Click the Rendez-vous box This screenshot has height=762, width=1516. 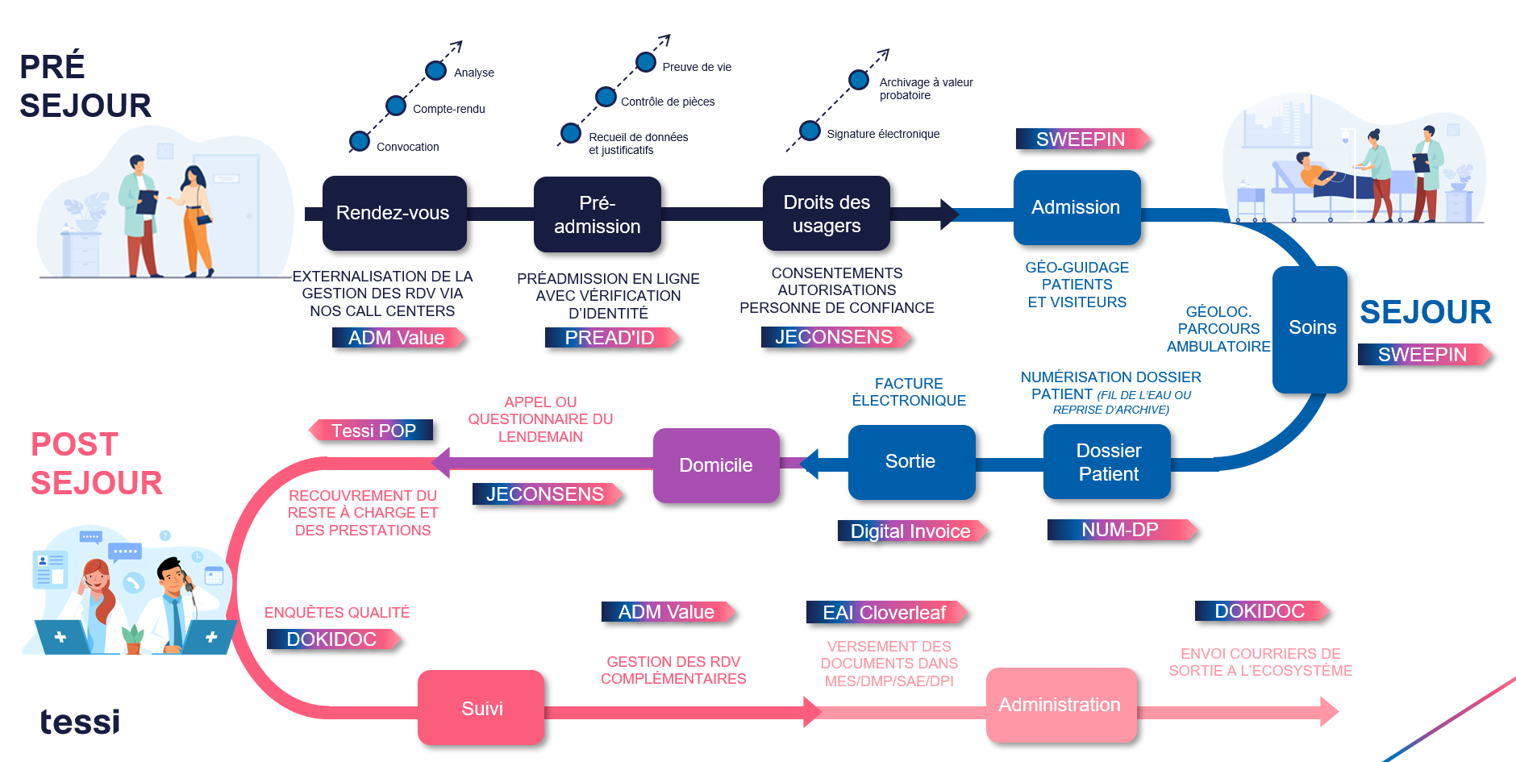tap(394, 213)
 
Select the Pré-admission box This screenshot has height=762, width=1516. tap(597, 214)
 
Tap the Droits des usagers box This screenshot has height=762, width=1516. tap(826, 214)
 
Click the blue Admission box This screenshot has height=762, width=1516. tap(1076, 207)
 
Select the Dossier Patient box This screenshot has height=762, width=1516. tap(1107, 462)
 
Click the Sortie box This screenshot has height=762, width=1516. tap(910, 461)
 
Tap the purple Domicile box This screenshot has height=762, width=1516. tap(716, 465)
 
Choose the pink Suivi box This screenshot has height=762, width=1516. tap(481, 708)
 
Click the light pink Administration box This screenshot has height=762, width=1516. tap(1060, 705)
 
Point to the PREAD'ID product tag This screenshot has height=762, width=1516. tap(610, 338)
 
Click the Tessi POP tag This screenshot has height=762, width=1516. tap(373, 431)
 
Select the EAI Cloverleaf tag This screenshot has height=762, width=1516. tap(885, 613)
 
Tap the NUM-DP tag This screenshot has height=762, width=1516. tap(1119, 530)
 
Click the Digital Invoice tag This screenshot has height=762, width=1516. tap(910, 531)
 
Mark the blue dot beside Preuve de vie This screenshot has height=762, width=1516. tap(646, 62)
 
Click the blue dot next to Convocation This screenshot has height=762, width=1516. tap(359, 141)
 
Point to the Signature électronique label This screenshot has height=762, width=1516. tap(883, 134)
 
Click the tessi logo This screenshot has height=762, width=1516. tap(80, 722)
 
